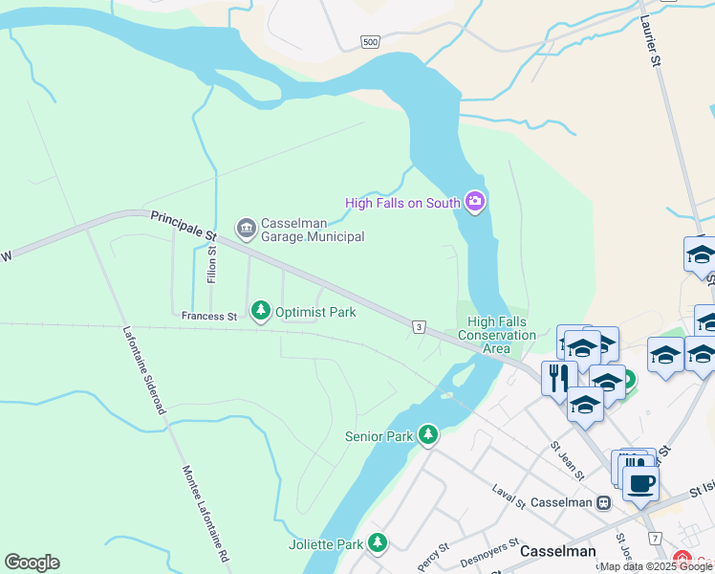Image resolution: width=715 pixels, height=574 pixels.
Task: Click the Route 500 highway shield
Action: [x=371, y=42]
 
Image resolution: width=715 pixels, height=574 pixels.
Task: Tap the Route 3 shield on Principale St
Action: [x=419, y=327]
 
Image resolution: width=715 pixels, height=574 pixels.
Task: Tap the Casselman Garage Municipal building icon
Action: [x=246, y=227]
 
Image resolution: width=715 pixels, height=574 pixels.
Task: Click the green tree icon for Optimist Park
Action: [x=260, y=311]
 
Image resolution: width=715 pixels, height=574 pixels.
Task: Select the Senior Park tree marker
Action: [x=428, y=435]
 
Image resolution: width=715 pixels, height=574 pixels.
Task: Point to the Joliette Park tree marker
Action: [x=379, y=543]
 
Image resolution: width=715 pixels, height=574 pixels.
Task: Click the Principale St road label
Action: [x=184, y=227]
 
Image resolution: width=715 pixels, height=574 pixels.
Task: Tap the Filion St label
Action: [x=211, y=264]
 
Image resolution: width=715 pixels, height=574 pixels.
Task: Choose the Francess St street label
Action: [x=208, y=316]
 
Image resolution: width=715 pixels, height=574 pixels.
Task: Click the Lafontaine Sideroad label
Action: [x=144, y=370]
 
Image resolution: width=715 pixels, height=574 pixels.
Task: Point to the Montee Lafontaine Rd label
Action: [x=206, y=514]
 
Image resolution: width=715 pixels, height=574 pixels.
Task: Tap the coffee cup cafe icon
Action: [x=640, y=482]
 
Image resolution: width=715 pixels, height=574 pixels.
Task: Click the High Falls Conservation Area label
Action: [x=496, y=335]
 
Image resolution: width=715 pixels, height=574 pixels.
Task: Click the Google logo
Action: [x=32, y=563]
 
